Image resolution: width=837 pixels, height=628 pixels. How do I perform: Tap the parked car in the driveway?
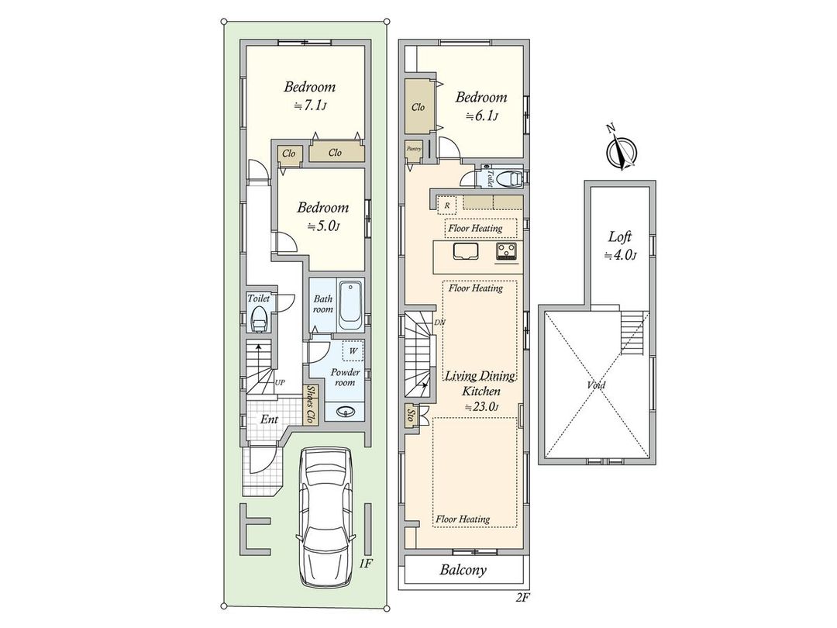[325, 516]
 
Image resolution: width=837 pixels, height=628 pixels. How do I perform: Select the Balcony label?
[463, 570]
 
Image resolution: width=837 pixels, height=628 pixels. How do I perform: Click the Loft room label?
[620, 236]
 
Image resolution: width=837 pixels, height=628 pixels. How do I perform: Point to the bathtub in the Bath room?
[350, 305]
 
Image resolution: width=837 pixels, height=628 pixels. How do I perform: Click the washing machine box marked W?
[353, 351]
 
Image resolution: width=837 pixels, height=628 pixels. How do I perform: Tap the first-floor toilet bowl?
[260, 319]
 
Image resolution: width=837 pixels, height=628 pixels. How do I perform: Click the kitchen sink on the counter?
[466, 251]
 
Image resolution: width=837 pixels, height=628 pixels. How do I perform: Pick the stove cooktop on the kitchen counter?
[507, 251]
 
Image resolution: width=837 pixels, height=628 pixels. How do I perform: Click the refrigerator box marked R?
[447, 205]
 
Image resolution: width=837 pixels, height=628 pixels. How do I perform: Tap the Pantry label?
[414, 149]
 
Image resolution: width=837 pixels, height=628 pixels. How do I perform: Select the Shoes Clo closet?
[310, 405]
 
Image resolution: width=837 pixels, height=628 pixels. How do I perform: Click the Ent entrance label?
[269, 419]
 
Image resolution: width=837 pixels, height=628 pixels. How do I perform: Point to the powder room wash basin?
[345, 411]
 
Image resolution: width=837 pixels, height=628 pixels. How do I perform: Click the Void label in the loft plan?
[596, 385]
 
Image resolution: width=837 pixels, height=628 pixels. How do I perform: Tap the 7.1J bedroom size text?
[311, 105]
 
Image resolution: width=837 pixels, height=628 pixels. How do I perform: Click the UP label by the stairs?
[280, 382]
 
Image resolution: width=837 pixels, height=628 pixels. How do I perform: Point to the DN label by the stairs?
[440, 323]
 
